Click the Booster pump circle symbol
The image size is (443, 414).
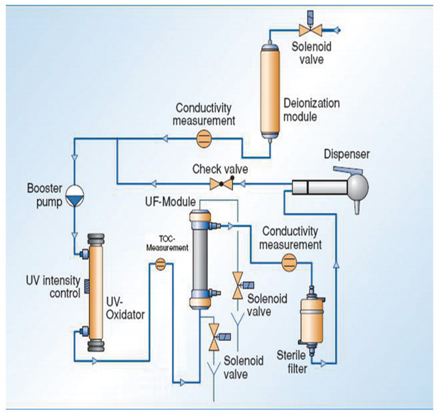(75, 195)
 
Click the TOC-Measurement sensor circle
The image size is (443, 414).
(160, 264)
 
